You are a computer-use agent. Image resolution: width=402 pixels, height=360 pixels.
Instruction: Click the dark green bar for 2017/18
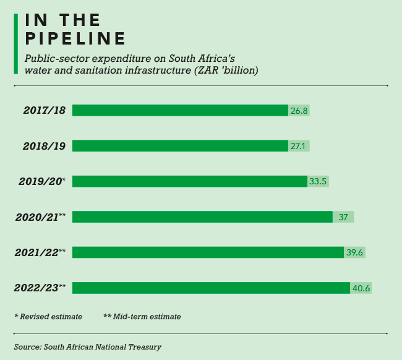point(180,111)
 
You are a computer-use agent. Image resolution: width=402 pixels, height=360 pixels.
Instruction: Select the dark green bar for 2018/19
point(180,146)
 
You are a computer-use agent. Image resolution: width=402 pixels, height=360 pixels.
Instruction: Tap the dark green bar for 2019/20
point(189,181)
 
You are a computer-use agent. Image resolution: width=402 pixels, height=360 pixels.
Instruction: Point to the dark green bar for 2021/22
point(208,252)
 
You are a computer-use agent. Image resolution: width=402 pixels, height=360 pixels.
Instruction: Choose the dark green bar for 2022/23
point(211,288)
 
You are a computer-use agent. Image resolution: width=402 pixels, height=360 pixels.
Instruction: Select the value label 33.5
point(318,181)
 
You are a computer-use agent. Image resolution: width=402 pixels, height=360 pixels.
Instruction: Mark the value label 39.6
point(354,252)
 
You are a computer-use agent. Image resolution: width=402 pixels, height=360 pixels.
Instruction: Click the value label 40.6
point(361,288)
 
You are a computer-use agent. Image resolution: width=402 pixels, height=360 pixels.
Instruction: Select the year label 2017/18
point(45,111)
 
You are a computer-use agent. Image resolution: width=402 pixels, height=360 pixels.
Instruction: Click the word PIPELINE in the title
point(75,38)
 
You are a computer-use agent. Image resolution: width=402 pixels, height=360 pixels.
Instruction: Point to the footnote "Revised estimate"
point(51,317)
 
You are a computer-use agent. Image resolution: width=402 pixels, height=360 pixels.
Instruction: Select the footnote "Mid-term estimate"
point(147,317)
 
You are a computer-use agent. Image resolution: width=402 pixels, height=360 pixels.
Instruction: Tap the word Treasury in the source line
point(145,347)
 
